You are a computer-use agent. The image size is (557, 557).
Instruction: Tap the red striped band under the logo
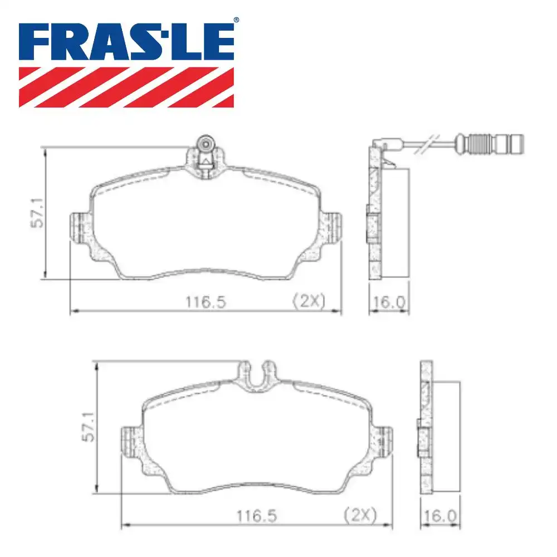(126, 87)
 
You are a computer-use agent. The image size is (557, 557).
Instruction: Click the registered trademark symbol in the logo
(236, 21)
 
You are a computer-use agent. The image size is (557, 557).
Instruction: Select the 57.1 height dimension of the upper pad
(37, 213)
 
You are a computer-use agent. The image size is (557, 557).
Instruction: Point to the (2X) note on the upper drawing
(308, 301)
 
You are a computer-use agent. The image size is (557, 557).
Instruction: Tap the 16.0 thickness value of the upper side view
(389, 302)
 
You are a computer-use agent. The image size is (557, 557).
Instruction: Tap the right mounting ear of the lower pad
(383, 442)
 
